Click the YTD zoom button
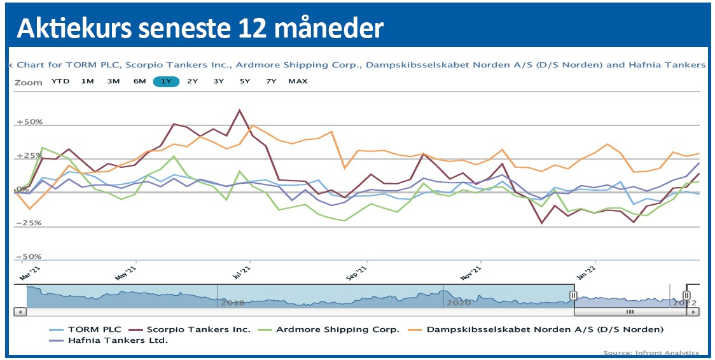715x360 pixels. [60, 81]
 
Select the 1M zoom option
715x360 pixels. [88, 81]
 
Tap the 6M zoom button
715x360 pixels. [140, 81]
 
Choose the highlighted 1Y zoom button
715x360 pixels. [166, 81]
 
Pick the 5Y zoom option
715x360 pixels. [245, 81]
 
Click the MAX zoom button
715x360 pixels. [298, 81]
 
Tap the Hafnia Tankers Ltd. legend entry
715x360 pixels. [109, 341]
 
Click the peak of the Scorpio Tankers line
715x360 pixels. [239, 111]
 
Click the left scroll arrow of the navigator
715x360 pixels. [19, 312]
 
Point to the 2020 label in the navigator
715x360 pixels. [458, 302]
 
